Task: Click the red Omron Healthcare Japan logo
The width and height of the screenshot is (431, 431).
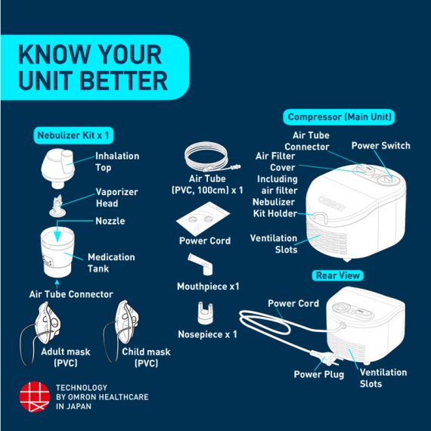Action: tap(35, 397)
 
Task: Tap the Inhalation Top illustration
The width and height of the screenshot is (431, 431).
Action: tap(58, 168)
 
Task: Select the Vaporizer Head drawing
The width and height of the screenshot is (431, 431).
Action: tap(57, 206)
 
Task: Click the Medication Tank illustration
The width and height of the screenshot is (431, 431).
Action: tap(57, 252)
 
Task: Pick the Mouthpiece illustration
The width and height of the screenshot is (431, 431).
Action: tap(200, 265)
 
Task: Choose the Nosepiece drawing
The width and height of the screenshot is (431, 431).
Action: tap(206, 313)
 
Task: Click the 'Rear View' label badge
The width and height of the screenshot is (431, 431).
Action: tap(338, 275)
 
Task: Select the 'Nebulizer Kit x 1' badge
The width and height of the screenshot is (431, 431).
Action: tap(73, 135)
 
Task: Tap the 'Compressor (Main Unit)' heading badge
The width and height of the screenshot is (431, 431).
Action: tap(340, 116)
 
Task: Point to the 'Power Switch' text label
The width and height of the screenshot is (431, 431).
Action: tap(380, 146)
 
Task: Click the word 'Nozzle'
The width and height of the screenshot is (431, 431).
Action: tap(110, 221)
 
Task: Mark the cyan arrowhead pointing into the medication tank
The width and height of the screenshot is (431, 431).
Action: tap(57, 236)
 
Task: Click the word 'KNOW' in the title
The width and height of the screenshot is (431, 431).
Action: tap(54, 54)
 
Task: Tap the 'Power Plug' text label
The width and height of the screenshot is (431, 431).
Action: tap(319, 374)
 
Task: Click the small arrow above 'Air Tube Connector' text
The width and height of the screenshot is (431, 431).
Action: tap(57, 284)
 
